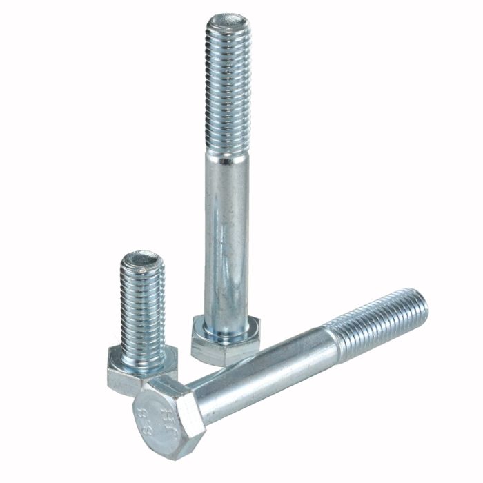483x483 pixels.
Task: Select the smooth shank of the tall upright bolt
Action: coord(226,235)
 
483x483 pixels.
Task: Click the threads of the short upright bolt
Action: coord(144,310)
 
